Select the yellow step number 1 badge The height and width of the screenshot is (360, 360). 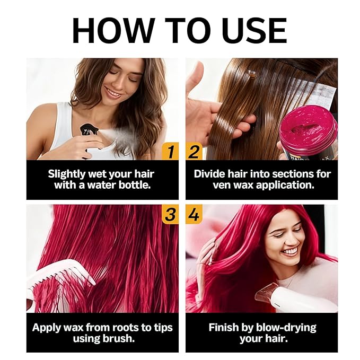[170, 152]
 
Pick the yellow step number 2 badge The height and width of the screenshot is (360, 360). [194, 152]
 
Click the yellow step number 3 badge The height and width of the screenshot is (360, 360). [170, 215]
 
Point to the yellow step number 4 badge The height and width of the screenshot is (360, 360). [194, 215]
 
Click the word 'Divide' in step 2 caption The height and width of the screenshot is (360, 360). [212, 173]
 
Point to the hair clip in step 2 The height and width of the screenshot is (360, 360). [252, 75]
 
